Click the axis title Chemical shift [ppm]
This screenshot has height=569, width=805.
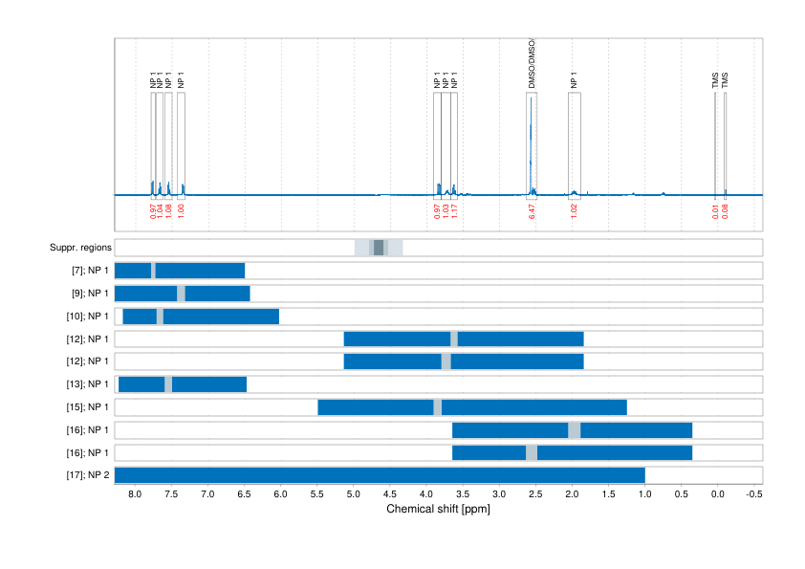438,509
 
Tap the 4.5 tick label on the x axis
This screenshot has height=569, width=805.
390,494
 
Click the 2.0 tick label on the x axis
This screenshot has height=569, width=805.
572,494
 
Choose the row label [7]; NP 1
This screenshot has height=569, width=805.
85,271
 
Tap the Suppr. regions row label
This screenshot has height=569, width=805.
80,248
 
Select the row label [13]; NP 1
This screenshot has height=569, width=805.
83,384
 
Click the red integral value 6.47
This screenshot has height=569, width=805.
532,211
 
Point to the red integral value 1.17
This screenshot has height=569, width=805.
454,211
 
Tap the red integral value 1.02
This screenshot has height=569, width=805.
574,211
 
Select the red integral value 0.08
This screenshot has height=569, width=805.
726,211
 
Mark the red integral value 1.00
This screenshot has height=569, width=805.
182,211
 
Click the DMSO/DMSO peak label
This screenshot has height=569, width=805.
532,65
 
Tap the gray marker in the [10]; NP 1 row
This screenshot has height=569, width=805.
160,317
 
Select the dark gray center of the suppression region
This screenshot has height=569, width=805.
379,248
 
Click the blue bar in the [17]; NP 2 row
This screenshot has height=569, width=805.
380,475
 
